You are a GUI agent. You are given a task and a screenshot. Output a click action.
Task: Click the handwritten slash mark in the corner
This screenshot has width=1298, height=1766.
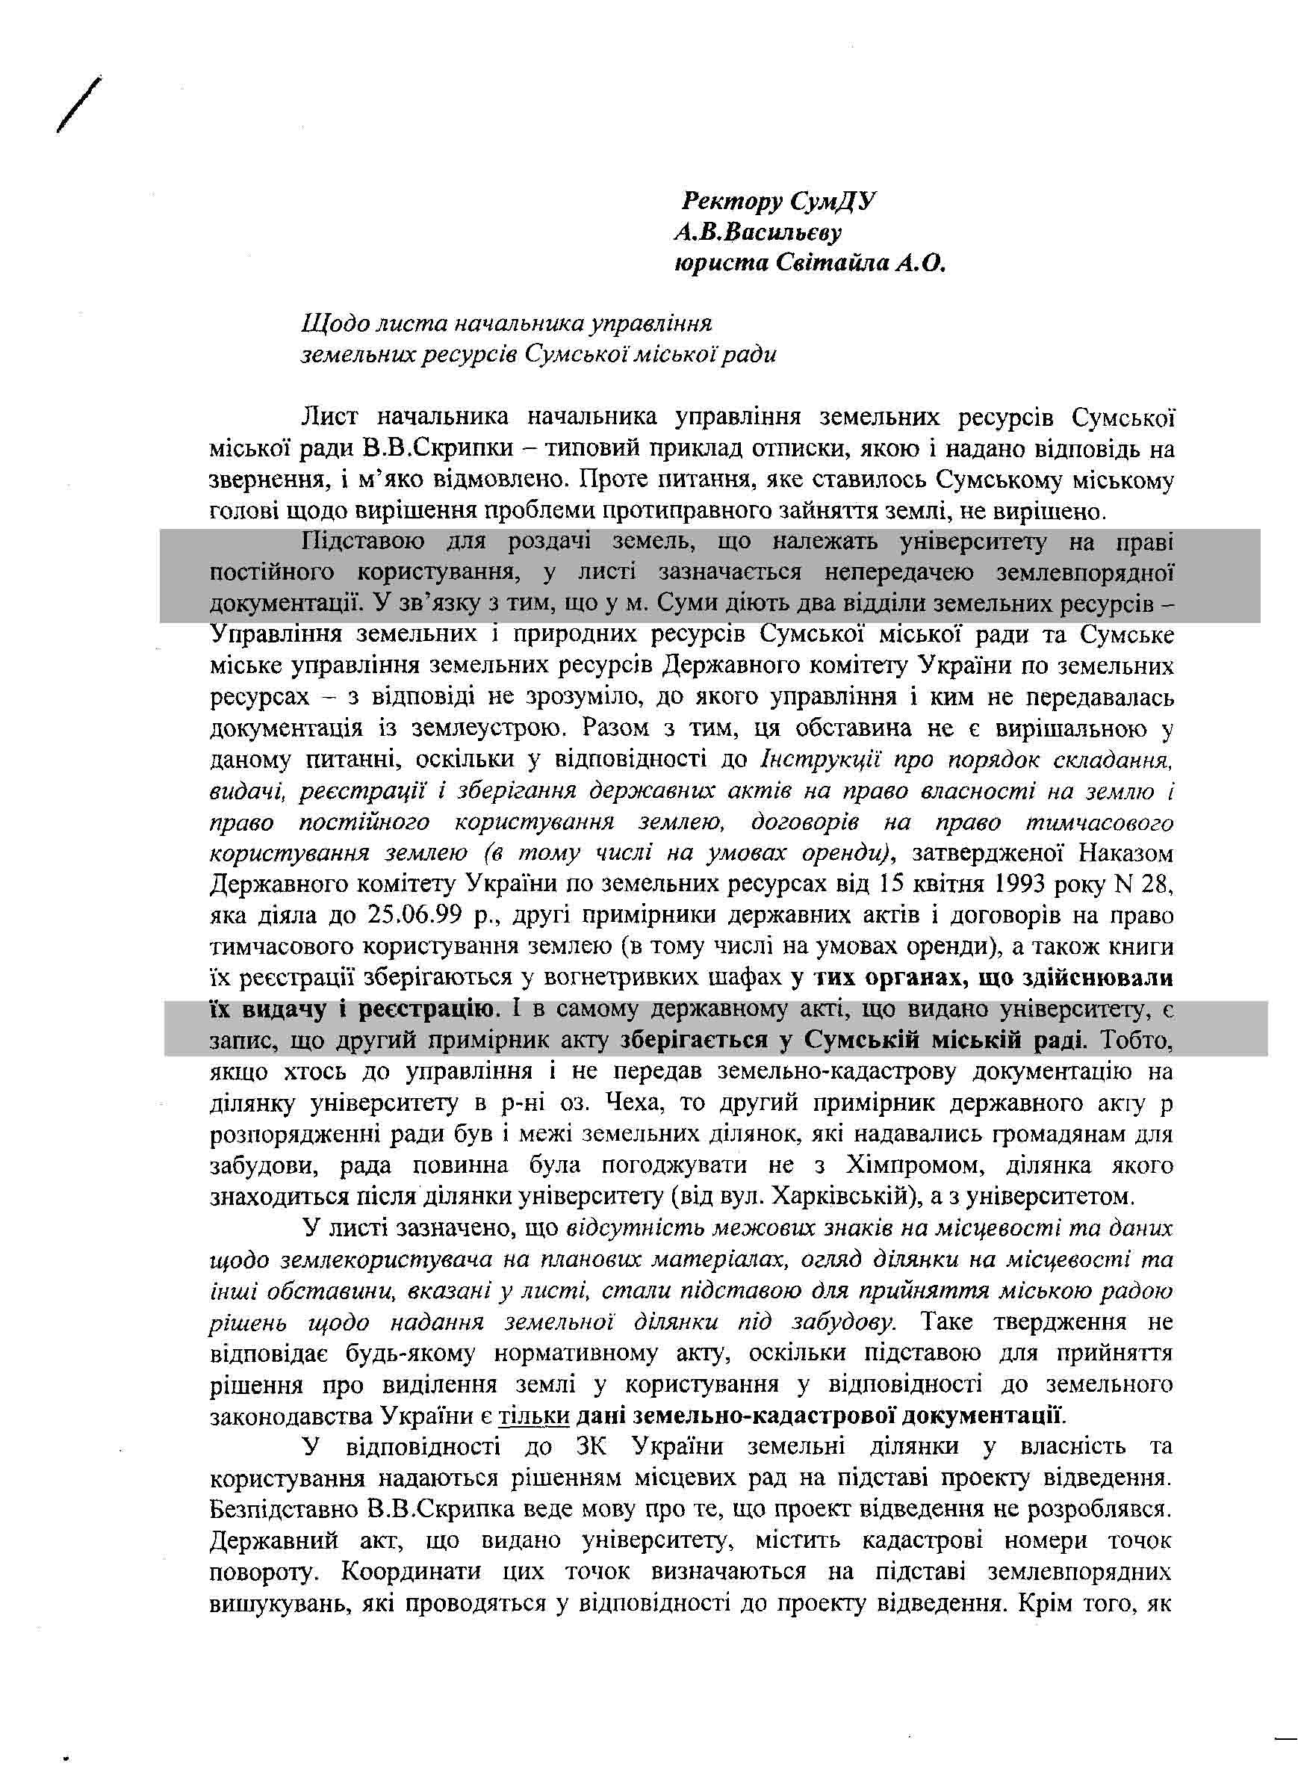click(x=79, y=105)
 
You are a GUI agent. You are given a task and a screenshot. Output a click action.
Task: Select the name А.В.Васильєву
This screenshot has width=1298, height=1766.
click(x=757, y=232)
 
